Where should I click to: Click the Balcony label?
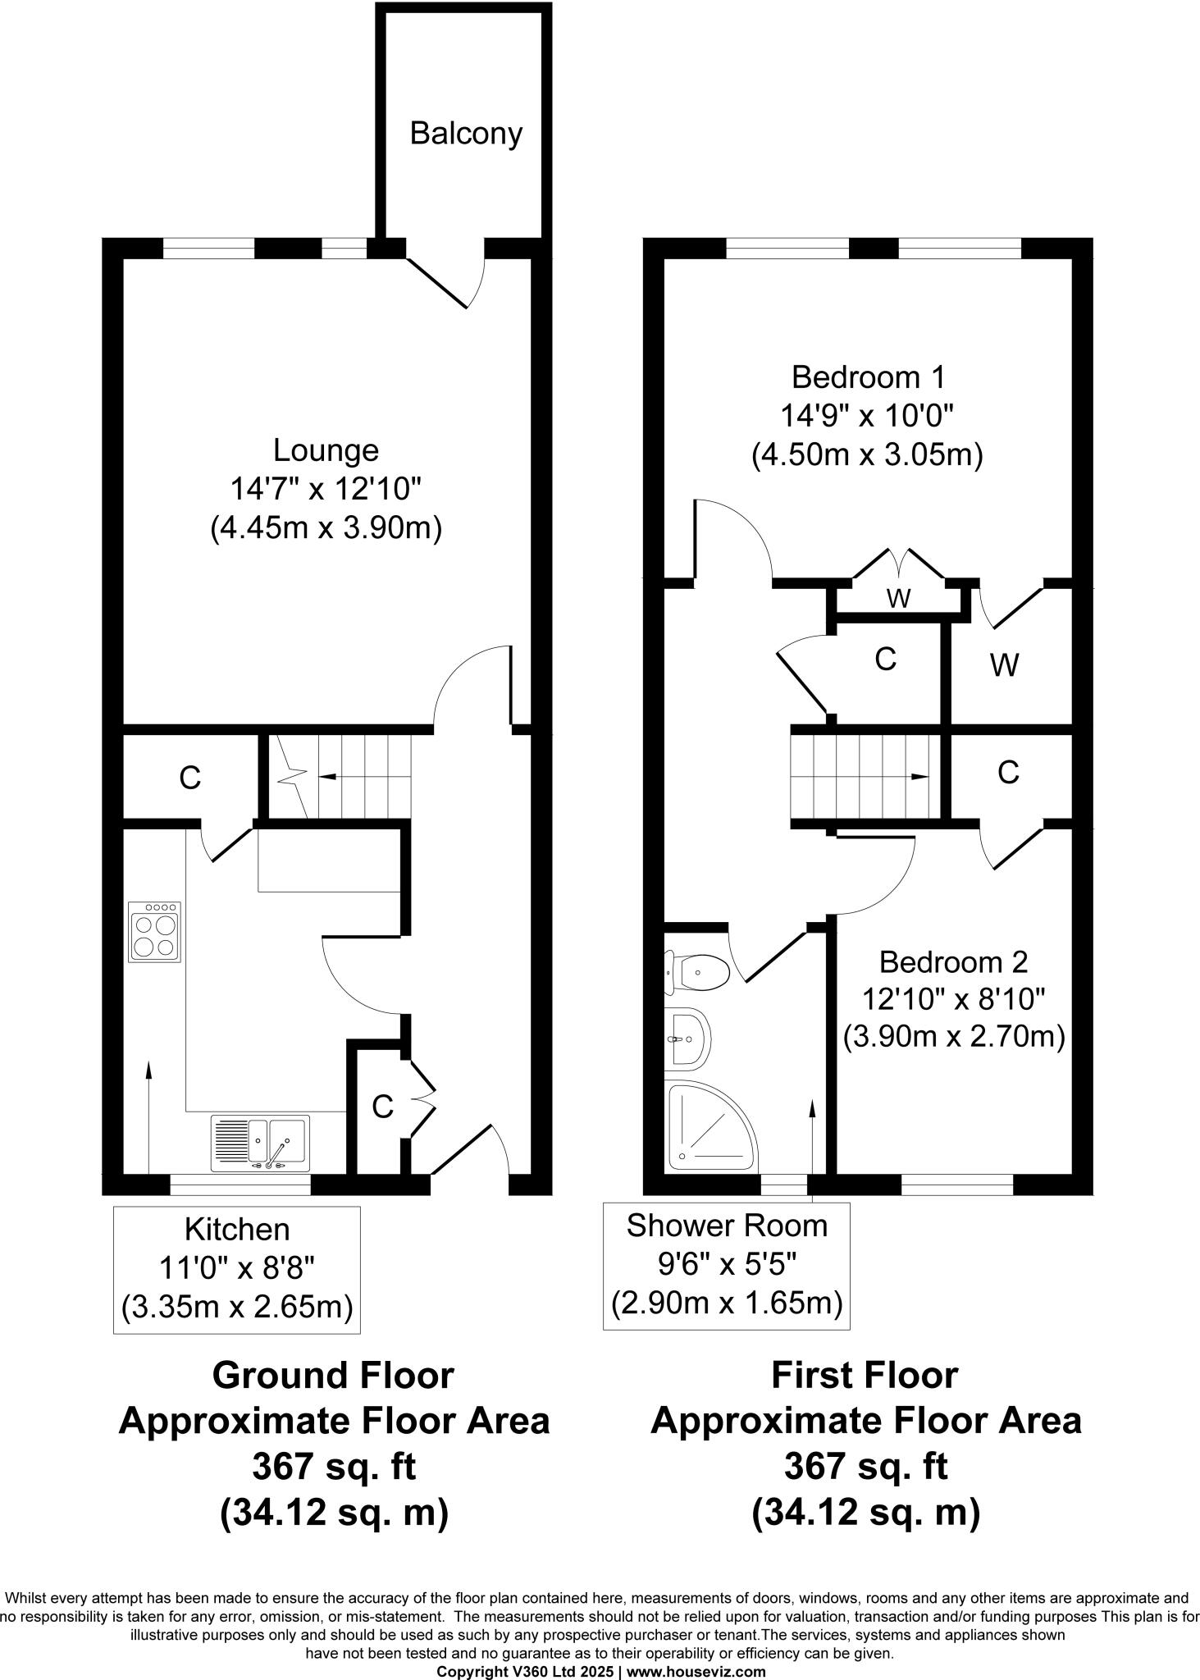[x=466, y=133]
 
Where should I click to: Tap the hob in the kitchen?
[x=154, y=932]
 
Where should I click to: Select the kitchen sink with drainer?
[x=261, y=1143]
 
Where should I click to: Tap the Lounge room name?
[x=326, y=450]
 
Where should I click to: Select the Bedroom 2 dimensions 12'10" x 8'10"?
[x=953, y=999]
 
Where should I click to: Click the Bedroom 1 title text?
[x=868, y=377]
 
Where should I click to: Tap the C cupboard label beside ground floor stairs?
[x=190, y=778]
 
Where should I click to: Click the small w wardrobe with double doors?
[x=899, y=598]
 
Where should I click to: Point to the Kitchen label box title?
[x=237, y=1229]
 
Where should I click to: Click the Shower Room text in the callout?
[x=727, y=1225]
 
